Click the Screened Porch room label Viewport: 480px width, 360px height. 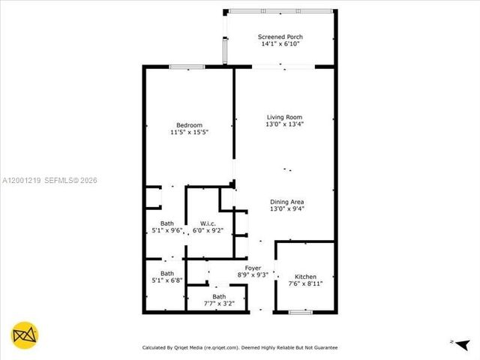[x=281, y=37]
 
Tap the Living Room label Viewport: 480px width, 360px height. [x=289, y=117]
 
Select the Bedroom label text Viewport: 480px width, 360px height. [x=189, y=124]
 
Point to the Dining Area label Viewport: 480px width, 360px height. [x=287, y=202]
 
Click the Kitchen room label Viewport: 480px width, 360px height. [x=305, y=277]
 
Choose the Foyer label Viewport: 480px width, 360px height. [x=252, y=268]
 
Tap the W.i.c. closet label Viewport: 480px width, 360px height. [x=208, y=223]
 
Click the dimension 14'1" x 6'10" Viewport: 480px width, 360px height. [x=281, y=45]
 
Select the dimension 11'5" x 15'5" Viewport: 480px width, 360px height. [x=189, y=133]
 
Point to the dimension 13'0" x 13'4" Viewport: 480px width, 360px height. [x=289, y=125]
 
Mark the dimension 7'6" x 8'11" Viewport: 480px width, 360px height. [x=305, y=285]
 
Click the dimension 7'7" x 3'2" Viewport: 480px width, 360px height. [x=219, y=304]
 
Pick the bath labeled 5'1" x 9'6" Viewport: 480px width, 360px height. [x=166, y=226]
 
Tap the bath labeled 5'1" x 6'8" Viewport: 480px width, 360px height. [x=166, y=277]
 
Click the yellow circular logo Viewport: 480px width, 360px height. [x=25, y=334]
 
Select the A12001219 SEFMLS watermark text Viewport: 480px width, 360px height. [x=49, y=180]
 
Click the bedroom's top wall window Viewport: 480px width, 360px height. [x=187, y=67]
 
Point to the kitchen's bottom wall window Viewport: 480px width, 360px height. [x=300, y=311]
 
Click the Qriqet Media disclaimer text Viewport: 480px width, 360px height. [x=240, y=347]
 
